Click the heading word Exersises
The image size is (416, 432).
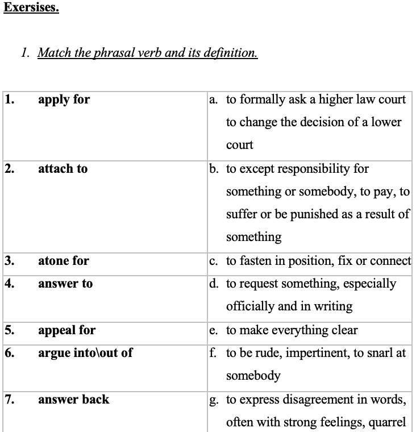31,8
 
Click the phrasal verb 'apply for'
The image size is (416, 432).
64,99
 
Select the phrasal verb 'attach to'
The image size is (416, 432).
63,169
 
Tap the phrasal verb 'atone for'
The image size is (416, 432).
63,261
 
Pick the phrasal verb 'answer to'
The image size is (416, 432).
65,284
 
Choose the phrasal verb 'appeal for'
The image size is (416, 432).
66,330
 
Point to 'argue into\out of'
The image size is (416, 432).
85,353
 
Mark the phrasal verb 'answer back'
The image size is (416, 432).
73,400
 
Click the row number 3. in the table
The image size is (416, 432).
9,261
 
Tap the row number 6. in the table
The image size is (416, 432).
9,353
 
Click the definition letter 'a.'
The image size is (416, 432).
213,100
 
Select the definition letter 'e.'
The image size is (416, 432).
213,331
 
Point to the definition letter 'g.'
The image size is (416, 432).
214,400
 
